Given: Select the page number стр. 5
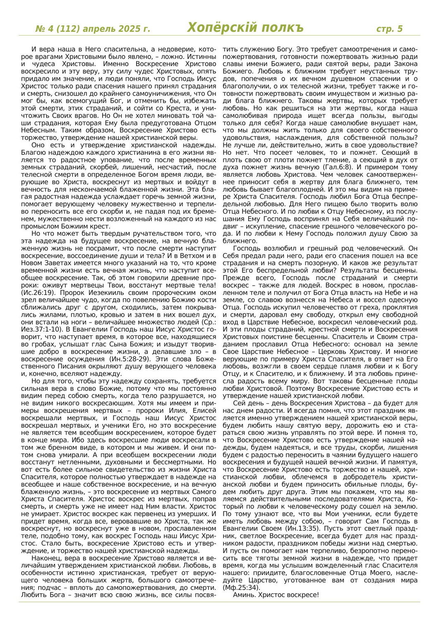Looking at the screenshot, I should click(x=389, y=29).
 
